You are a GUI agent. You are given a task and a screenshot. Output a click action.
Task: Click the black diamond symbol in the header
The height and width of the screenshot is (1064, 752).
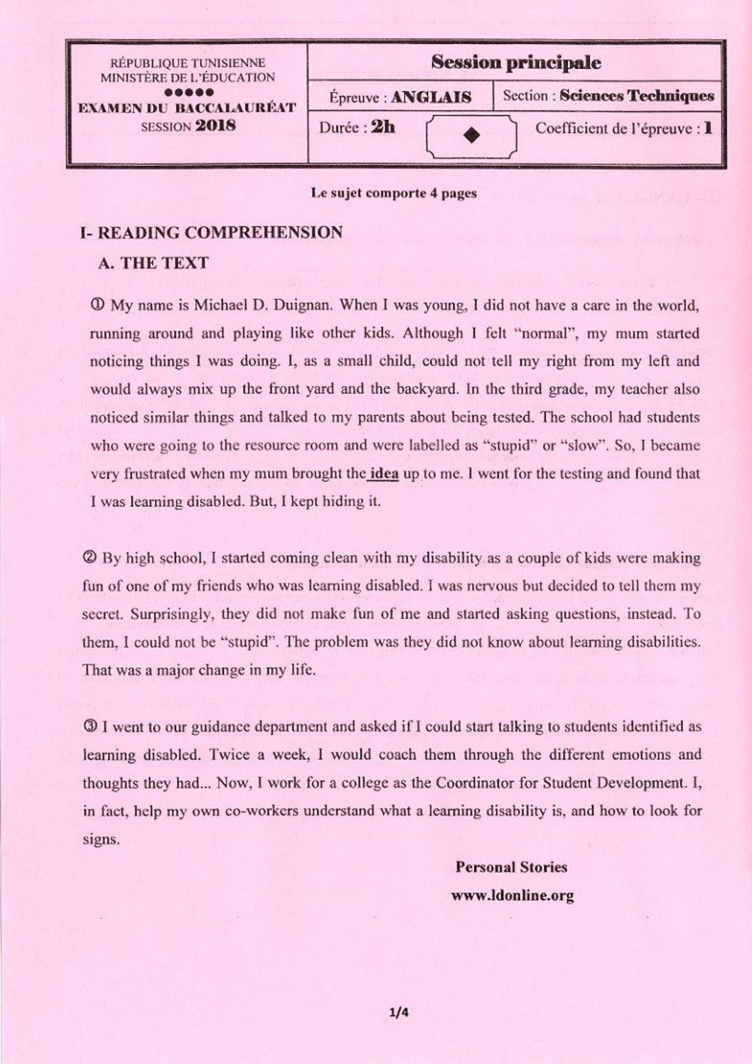pos(471,136)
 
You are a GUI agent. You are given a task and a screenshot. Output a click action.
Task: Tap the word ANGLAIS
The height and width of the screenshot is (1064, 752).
pos(431,97)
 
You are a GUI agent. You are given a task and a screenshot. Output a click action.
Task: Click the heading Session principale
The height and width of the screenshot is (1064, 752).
pos(516,63)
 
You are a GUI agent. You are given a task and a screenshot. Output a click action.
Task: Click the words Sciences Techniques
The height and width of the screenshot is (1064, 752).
pos(637,96)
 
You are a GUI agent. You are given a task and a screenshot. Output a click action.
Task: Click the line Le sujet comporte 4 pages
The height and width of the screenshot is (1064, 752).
pos(394,193)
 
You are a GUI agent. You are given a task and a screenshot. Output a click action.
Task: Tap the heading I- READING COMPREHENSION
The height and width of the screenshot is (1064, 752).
pos(212,232)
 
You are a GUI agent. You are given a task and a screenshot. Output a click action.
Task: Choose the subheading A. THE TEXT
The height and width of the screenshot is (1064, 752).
pos(153,263)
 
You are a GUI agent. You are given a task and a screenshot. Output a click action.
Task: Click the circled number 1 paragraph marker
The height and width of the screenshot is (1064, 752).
pos(97,305)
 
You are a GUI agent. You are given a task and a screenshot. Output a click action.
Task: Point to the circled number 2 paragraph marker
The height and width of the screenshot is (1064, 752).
pos(90,558)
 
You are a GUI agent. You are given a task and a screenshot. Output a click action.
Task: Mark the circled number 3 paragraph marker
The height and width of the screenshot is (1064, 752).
pos(90,726)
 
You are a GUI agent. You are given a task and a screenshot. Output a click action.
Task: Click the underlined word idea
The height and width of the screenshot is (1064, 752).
pos(385,473)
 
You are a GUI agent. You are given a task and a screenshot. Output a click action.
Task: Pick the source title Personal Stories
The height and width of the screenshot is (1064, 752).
pos(511,867)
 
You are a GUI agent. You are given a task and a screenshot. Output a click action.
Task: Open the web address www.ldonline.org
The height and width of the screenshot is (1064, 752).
pos(512,896)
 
